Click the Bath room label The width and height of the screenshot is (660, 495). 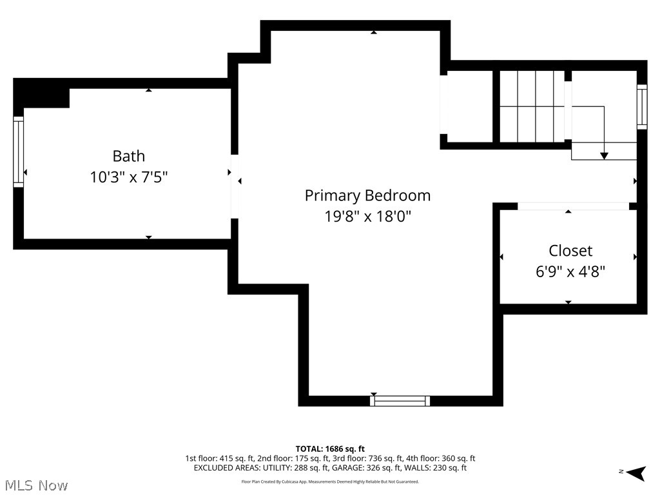[x=129, y=156]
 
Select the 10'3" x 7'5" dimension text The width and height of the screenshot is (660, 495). [x=129, y=177]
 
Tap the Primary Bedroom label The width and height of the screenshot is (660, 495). [x=367, y=195]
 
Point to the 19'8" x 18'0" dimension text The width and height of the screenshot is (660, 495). [x=367, y=216]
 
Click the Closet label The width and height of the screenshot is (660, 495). [x=570, y=251]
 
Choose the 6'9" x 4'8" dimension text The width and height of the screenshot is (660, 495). [x=570, y=271]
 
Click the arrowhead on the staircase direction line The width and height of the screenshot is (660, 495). [x=604, y=155]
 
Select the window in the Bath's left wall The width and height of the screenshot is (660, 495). [x=19, y=153]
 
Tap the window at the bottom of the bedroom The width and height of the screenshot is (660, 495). [x=400, y=401]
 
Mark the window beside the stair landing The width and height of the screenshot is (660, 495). [x=641, y=107]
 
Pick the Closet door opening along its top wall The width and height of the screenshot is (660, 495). [x=573, y=206]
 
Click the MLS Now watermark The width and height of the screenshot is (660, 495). [x=35, y=485]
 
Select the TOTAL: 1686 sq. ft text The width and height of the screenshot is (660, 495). [x=330, y=449]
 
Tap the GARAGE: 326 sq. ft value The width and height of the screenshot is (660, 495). [x=367, y=468]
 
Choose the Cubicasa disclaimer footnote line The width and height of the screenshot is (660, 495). [x=330, y=481]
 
